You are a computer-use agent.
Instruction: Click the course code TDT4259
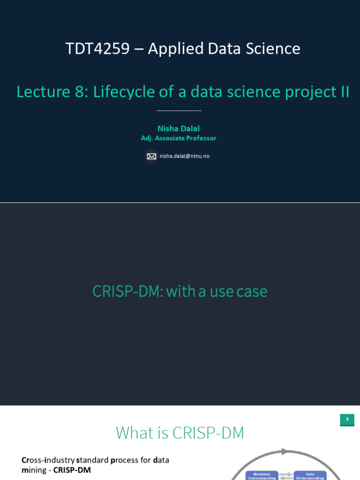97,49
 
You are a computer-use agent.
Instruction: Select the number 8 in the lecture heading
79,92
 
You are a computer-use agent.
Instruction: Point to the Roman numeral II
345,92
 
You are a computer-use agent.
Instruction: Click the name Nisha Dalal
178,128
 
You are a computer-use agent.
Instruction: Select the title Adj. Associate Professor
179,138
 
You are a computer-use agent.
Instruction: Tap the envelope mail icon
151,156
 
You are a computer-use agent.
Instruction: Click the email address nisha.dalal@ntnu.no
184,156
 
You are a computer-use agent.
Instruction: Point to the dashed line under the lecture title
179,111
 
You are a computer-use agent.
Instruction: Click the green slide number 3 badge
347,420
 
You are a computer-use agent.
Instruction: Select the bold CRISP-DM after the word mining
72,470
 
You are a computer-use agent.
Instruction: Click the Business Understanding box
262,476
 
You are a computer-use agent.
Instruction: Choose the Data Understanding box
310,476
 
